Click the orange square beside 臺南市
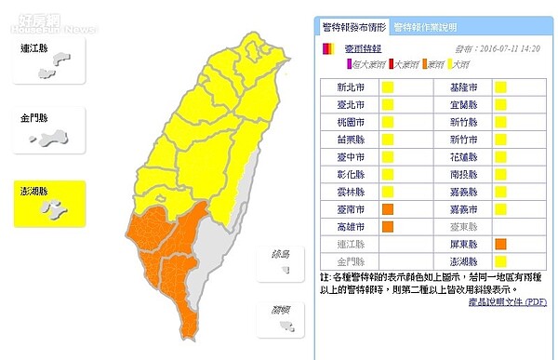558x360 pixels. (x=387, y=208)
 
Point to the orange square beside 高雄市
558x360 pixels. (x=387, y=226)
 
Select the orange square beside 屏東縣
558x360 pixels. (x=500, y=244)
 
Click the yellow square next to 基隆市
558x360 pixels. (x=500, y=87)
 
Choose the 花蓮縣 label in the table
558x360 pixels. (x=452, y=157)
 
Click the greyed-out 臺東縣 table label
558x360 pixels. (x=452, y=226)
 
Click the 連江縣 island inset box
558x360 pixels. (x=47, y=60)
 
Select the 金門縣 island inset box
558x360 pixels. (x=47, y=133)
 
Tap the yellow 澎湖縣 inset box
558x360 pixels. (x=47, y=204)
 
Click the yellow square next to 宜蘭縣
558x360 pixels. (x=500, y=105)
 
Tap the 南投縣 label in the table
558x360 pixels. (x=452, y=174)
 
